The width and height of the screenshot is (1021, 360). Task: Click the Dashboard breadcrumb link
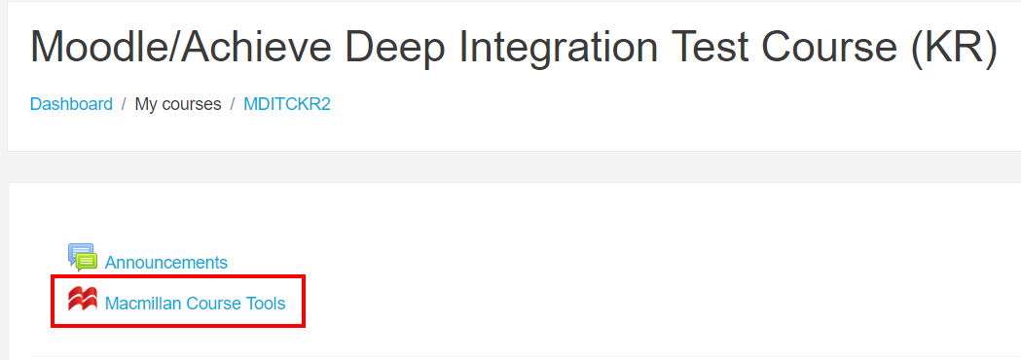pyautogui.click(x=71, y=104)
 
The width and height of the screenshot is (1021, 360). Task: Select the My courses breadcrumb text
pyautogui.click(x=178, y=104)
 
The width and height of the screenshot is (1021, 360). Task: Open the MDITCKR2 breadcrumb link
pyautogui.click(x=287, y=104)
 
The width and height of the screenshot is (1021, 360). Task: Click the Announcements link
pyautogui.click(x=166, y=263)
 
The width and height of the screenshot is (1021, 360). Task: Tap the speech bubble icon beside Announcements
pyautogui.click(x=83, y=258)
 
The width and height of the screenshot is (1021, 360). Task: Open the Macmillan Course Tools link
pyautogui.click(x=196, y=304)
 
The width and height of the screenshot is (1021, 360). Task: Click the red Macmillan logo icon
pyautogui.click(x=83, y=300)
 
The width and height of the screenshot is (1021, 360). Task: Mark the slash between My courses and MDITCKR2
pyautogui.click(x=233, y=104)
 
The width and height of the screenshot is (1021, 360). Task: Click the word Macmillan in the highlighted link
pyautogui.click(x=141, y=304)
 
